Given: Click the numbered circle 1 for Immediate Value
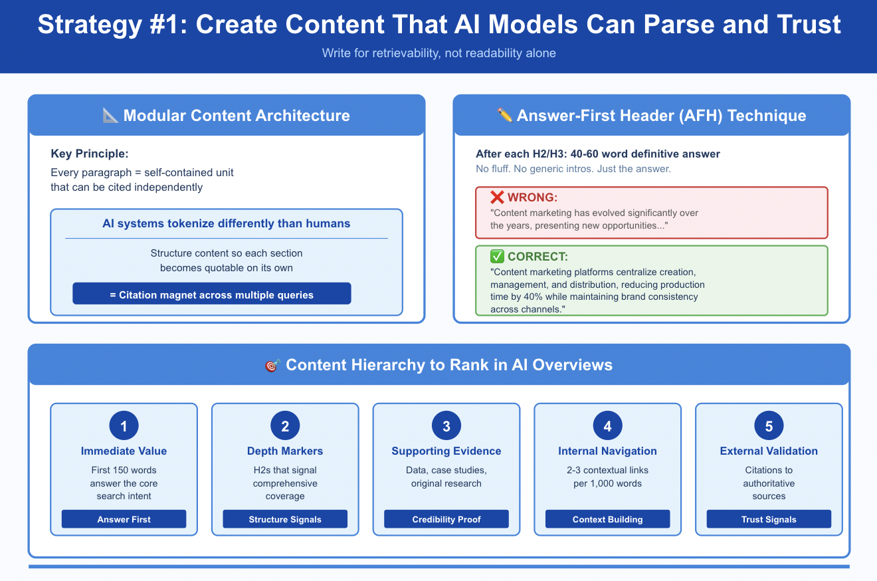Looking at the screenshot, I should coord(124,426).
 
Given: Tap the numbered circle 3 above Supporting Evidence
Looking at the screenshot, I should coord(446,426).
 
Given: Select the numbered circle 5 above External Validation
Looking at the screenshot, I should coord(769,426).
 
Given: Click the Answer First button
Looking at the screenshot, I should coord(124,519).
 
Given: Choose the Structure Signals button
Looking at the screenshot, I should coord(285,519).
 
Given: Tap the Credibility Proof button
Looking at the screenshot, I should coord(446,519).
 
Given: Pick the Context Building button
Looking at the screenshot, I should coord(607,519).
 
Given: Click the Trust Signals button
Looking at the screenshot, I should coord(769,519).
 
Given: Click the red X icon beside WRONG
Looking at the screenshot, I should coord(497,197).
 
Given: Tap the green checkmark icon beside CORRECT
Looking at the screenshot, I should coord(497,257).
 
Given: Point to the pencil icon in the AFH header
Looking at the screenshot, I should coord(505,116).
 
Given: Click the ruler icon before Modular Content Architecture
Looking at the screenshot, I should coord(111,116).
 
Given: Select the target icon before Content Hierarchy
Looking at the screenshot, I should coord(272,366).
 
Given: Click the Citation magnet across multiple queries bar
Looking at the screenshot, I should coord(211,294).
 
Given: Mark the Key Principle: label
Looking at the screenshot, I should coord(89,154).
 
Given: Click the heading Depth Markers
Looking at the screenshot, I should coord(285,451).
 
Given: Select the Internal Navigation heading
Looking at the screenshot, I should coord(607,451).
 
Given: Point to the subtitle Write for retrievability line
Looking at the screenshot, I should coord(438,53).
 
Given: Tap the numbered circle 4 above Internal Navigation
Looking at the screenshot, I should coord(607,426).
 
